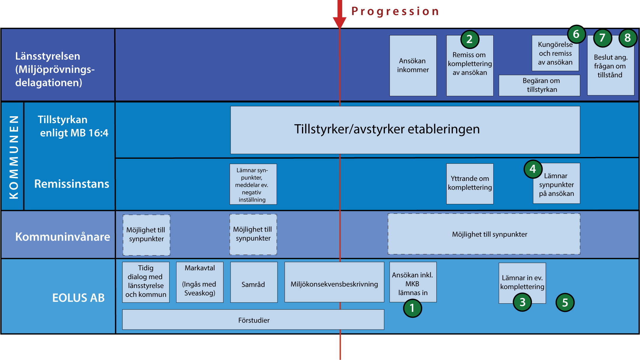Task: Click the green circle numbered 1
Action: [412, 308]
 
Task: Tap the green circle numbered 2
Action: [470, 39]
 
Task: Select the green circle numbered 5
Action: [565, 302]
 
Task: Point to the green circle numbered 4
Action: [533, 169]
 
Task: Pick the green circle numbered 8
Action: [628, 38]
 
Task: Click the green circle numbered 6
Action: [576, 34]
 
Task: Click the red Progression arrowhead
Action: [340, 22]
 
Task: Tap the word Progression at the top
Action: [395, 11]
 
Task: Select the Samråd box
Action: [254, 282]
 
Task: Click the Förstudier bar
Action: [253, 320]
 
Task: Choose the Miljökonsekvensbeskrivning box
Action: [334, 282]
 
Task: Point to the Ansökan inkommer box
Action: [413, 66]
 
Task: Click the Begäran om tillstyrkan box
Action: [539, 85]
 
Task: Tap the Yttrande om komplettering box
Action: [470, 184]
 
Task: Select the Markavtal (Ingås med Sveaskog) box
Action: [200, 282]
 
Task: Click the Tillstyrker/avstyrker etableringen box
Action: [405, 130]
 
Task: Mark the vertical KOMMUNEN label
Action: [14, 157]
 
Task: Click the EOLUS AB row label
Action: [79, 298]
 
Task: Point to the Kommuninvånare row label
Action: [63, 237]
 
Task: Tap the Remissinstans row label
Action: [72, 184]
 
